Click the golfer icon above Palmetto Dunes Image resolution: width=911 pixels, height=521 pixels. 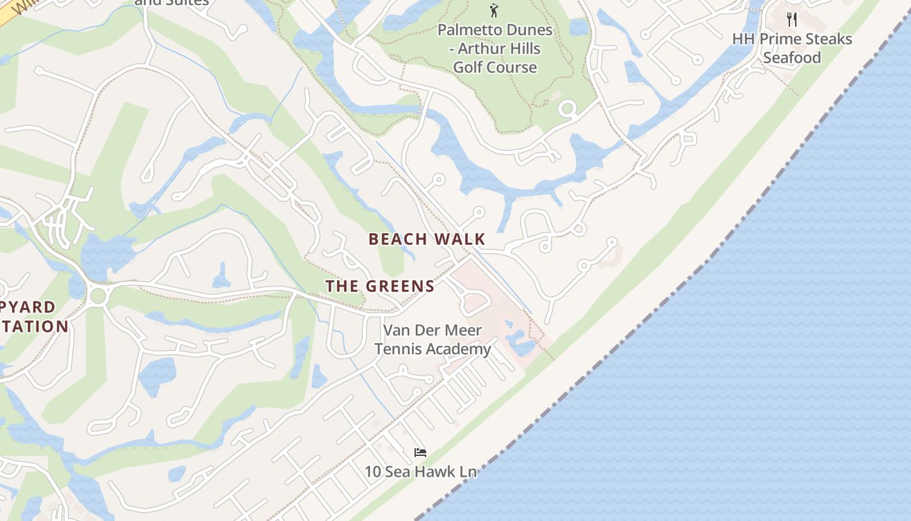pos(494,10)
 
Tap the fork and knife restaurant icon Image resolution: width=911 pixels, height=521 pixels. pos(792,19)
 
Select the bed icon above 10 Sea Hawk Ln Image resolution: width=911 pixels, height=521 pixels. pos(420,452)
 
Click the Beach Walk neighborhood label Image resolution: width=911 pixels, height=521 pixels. pos(427,239)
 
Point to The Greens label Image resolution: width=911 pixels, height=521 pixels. pos(380,286)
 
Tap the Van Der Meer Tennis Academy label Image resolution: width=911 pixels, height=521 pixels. pos(433,339)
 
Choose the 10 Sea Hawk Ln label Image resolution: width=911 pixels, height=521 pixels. pos(420,472)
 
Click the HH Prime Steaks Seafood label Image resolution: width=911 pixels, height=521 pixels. pos(792,48)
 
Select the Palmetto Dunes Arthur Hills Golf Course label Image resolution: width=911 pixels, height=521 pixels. pos(495,48)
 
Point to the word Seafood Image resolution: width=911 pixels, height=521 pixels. pos(792,58)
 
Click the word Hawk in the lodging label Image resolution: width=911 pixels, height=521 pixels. pos(429,472)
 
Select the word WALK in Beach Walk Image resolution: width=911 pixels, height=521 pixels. pos(460,239)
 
